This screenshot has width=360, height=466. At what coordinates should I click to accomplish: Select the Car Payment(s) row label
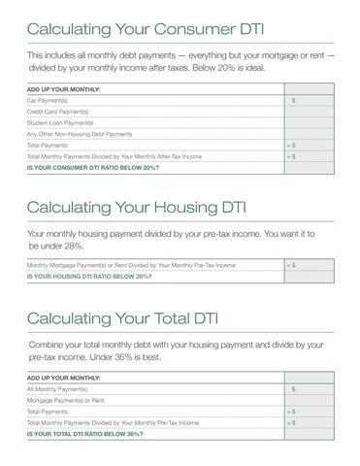coord(48,100)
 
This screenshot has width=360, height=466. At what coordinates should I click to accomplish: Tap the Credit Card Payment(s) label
coord(56,112)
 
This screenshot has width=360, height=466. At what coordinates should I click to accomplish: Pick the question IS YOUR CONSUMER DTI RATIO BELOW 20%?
coord(93,165)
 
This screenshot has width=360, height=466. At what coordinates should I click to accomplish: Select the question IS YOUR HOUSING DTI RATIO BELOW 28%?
coord(89,275)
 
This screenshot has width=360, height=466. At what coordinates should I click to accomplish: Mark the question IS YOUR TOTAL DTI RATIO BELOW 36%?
coord(85,433)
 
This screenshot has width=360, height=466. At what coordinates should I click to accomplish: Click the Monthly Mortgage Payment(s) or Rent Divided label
coord(131,264)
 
